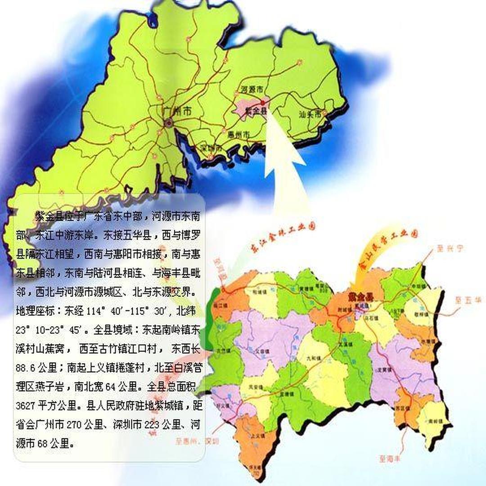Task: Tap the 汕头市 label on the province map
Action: [x=310, y=114]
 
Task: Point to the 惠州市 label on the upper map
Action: [x=239, y=135]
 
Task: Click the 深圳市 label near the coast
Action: [x=211, y=148]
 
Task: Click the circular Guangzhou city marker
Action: [x=168, y=122]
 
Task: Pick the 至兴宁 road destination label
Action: [x=446, y=247]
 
